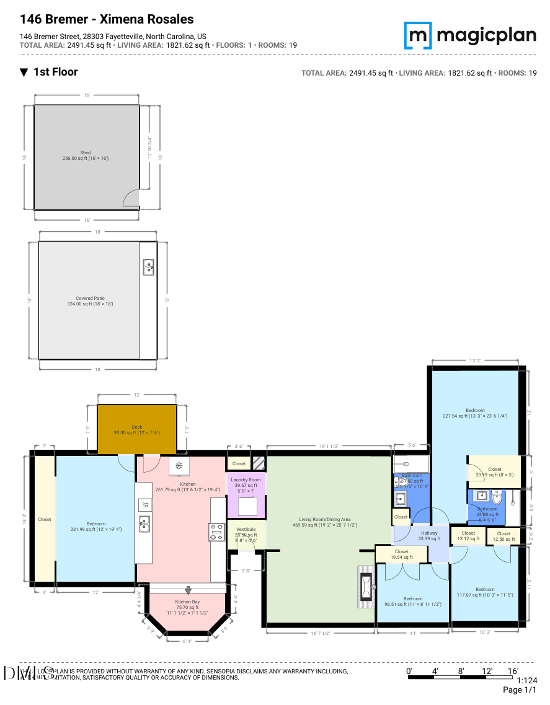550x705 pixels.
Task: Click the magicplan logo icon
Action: [x=419, y=35]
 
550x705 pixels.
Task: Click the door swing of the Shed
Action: [x=131, y=198]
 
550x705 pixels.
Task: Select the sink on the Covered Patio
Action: [x=149, y=267]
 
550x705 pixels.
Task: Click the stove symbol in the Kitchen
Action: [x=218, y=532]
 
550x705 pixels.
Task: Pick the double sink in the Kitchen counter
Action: [x=144, y=523]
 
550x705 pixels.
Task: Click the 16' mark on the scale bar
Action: [x=513, y=671]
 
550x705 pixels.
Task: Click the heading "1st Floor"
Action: [x=55, y=72]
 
